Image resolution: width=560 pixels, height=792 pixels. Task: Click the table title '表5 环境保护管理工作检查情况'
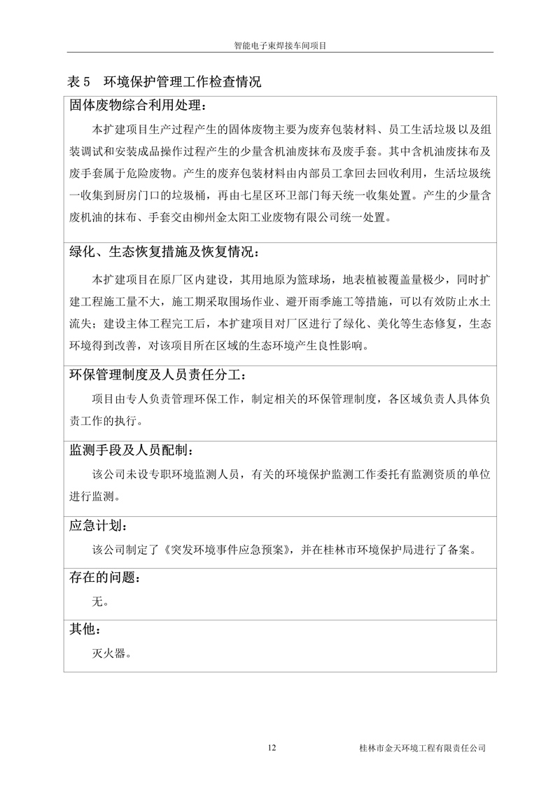(164, 82)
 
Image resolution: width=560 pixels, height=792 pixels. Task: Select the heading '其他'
(87, 629)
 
